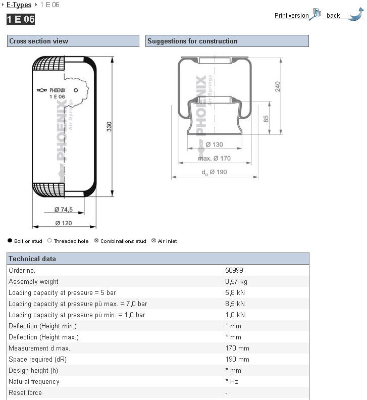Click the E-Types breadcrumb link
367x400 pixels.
(19, 5)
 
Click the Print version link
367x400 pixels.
(291, 16)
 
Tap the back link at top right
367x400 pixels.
(333, 16)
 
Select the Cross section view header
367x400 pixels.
(39, 41)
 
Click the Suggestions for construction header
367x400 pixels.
(192, 41)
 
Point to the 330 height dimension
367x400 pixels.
(110, 127)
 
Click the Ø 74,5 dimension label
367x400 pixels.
(64, 210)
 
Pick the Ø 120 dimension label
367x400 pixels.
(64, 223)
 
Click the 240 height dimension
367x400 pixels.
(277, 86)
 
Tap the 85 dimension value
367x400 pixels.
(266, 119)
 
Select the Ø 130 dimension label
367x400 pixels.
(214, 145)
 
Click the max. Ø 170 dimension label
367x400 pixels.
(214, 159)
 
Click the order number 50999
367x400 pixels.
(234, 271)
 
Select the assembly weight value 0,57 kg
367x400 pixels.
(236, 282)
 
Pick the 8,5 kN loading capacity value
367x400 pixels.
(235, 304)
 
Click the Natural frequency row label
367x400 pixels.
(34, 382)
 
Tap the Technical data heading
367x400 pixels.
(32, 259)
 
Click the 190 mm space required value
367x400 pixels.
(237, 360)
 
